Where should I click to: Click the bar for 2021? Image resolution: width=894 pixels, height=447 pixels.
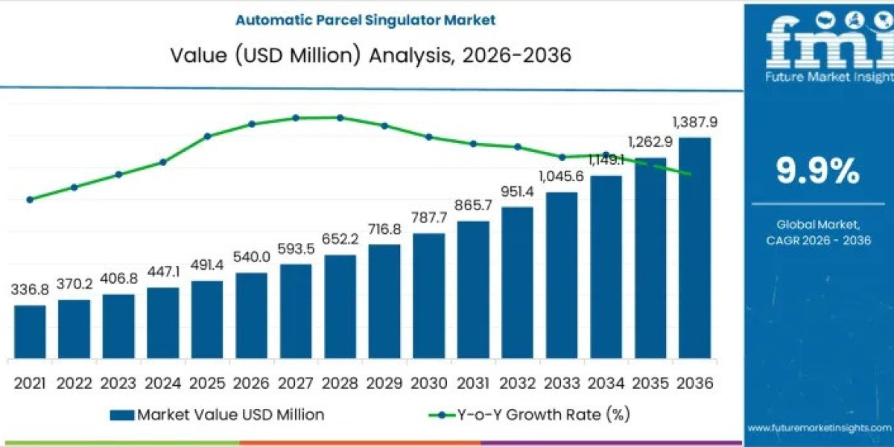(30, 332)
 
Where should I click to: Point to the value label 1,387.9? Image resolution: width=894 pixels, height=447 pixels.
(694, 122)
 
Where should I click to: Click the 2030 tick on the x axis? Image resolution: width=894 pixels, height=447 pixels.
(429, 383)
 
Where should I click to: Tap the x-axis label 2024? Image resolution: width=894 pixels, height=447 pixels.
(162, 383)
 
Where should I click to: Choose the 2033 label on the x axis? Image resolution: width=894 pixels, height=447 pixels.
(562, 383)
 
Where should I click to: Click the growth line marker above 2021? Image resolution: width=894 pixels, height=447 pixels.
(30, 200)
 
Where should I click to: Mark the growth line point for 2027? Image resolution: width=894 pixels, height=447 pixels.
(296, 118)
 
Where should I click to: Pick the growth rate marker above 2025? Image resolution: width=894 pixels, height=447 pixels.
(208, 136)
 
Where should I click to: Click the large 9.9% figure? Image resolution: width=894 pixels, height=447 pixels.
(818, 172)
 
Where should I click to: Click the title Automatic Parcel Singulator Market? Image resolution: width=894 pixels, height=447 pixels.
(365, 20)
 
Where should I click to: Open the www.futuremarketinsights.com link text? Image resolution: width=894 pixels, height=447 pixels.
(819, 428)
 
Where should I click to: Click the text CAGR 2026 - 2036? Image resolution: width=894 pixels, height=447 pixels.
(818, 240)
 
